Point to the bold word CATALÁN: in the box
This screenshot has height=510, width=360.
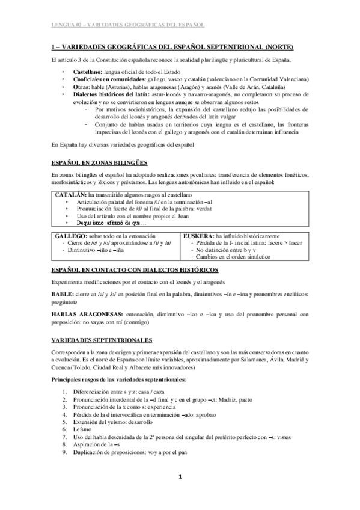pos(70,196)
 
